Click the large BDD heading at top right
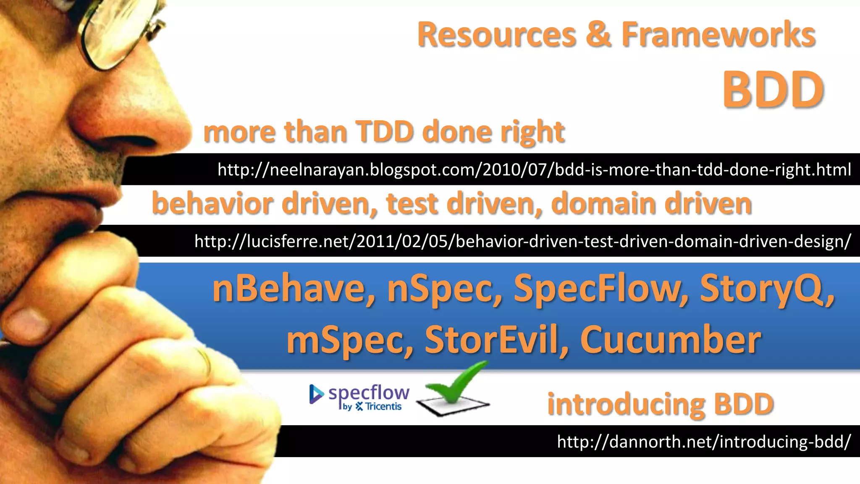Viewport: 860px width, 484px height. (773, 89)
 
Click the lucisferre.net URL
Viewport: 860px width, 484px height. (522, 241)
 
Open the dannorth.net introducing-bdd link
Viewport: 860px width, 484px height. (704, 442)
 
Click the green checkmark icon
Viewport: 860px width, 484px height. (456, 384)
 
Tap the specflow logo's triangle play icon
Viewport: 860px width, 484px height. (316, 394)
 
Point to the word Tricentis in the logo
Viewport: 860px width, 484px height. (383, 407)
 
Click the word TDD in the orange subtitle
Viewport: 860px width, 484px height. (385, 132)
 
